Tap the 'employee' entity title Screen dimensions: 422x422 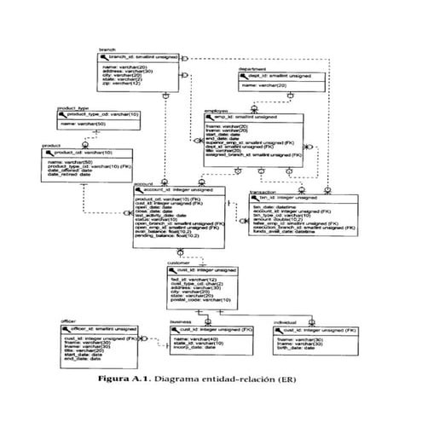[x=215, y=109]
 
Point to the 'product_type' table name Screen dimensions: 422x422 [x=72, y=108]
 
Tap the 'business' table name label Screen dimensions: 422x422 [x=180, y=322]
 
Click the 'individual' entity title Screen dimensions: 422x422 [x=285, y=322]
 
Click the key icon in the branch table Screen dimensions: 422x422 [x=106, y=56]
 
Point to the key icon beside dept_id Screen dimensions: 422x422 [x=247, y=75]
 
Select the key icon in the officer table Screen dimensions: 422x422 [x=67, y=329]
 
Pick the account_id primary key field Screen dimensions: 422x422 [x=171, y=189]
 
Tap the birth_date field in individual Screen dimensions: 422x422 [x=297, y=347]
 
